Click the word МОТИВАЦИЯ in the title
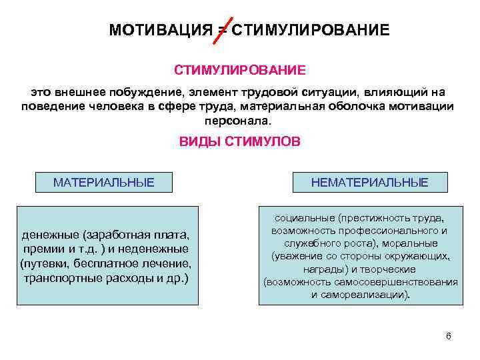point(159,31)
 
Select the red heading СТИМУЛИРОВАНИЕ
point(240,70)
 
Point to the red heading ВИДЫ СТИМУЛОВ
point(240,142)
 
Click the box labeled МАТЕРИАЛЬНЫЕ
point(103,182)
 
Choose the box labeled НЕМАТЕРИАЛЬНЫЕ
point(370,182)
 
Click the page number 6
point(449,335)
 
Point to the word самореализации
point(361,294)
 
